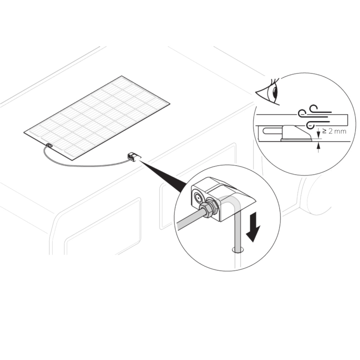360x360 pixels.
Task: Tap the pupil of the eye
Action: click(x=275, y=93)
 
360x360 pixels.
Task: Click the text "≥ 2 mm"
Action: click(x=334, y=131)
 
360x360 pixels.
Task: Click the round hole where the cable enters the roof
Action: click(x=238, y=250)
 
